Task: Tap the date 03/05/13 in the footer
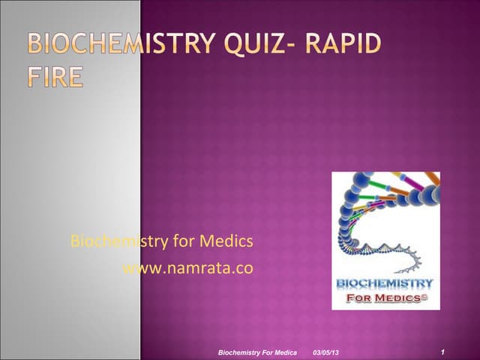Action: point(325,352)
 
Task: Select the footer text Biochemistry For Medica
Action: point(256,352)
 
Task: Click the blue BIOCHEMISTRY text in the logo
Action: point(385,283)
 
